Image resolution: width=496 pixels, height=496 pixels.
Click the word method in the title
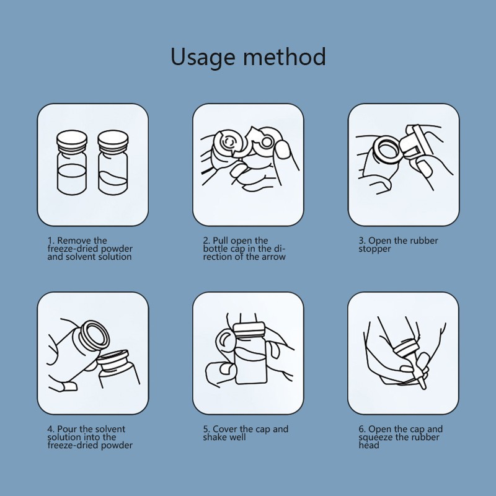tap(285, 57)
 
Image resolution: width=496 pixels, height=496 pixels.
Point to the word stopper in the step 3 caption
tap(374, 249)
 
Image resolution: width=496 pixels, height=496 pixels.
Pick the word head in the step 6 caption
tap(368, 445)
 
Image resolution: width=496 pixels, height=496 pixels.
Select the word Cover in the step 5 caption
tap(225, 429)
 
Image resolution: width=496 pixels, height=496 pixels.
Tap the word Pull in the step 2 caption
tap(221, 241)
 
